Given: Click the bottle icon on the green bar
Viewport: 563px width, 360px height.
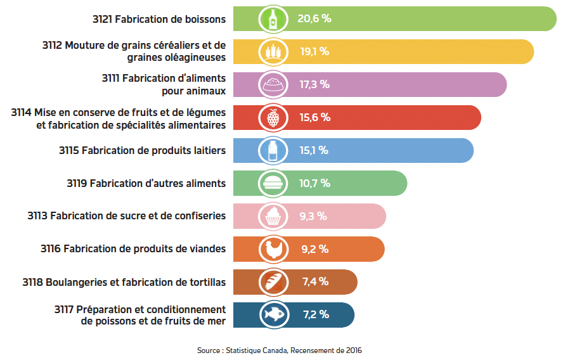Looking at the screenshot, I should pyautogui.click(x=273, y=18).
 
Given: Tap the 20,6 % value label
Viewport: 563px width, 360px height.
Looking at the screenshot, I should pyautogui.click(x=314, y=18).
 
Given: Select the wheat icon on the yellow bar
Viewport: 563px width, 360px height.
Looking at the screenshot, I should pyautogui.click(x=273, y=51).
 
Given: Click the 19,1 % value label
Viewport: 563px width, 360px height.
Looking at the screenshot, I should pyautogui.click(x=314, y=51).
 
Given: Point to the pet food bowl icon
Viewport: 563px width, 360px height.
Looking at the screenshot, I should pyautogui.click(x=273, y=84).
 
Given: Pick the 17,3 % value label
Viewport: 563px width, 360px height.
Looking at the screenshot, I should pyautogui.click(x=314, y=84).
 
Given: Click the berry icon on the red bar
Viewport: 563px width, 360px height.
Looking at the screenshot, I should pyautogui.click(x=273, y=117).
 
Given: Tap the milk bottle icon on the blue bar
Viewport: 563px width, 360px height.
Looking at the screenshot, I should pyautogui.click(x=273, y=150).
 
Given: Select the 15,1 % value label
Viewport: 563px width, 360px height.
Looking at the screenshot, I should pyautogui.click(x=314, y=150).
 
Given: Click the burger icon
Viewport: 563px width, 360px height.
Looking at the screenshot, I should pyautogui.click(x=273, y=183).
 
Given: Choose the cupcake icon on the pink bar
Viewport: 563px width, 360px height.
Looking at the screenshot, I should pyautogui.click(x=273, y=216).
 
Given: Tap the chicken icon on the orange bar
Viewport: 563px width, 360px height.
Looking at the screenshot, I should pyautogui.click(x=273, y=249).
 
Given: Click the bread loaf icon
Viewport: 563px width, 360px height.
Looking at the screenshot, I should pyautogui.click(x=273, y=282).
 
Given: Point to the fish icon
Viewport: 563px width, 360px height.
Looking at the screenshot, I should pyautogui.click(x=273, y=315).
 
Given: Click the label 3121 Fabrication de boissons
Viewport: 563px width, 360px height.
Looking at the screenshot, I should pyautogui.click(x=159, y=19).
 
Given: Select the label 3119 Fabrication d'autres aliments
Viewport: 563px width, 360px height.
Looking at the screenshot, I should pyautogui.click(x=146, y=184).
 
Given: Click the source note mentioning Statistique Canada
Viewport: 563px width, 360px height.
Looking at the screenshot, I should pyautogui.click(x=280, y=350).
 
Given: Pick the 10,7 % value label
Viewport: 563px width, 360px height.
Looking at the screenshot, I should pyautogui.click(x=314, y=183).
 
